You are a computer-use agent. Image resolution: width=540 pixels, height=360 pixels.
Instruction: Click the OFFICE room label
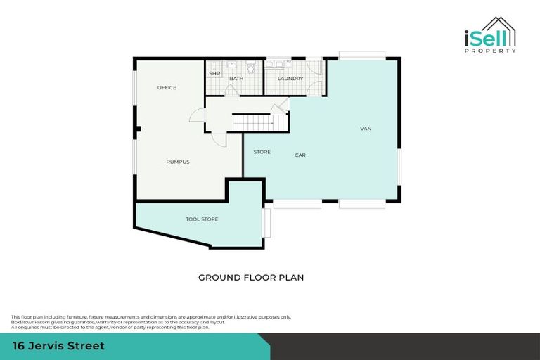point(167,88)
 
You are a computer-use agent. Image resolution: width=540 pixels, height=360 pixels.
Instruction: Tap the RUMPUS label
point(178,162)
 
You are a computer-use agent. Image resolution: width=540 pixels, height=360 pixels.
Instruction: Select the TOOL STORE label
point(202,219)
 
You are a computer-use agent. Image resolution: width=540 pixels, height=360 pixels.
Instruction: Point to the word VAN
point(366,129)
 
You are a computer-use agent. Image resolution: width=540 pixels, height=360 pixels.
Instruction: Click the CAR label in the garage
point(300,155)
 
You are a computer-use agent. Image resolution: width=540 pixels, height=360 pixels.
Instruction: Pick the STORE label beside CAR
point(262,152)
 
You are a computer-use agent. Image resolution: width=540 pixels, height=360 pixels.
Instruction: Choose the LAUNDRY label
point(290,79)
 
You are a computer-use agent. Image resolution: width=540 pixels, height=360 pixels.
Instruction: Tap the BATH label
point(236,79)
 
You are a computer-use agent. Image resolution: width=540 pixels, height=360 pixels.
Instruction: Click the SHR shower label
point(214,73)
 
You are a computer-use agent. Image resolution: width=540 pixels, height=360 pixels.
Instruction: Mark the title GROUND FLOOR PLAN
point(251,278)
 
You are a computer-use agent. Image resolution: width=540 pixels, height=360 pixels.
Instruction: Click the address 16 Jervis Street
point(59,346)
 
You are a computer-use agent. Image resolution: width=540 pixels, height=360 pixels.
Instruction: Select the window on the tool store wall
point(266,223)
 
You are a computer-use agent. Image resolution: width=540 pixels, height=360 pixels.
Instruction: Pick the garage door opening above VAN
point(361,55)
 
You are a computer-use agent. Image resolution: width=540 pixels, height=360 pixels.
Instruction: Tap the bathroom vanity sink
point(232,65)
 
